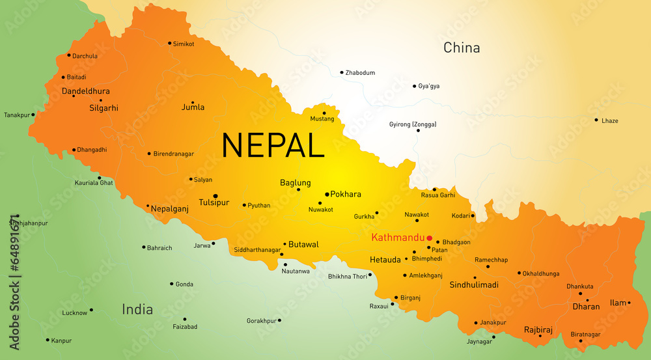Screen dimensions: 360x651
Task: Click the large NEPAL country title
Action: point(273,145)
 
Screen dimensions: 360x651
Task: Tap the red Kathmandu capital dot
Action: point(430,238)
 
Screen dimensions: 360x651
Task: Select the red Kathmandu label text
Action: point(397,238)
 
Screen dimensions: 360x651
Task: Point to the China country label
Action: point(462,48)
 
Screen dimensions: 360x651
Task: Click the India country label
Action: point(137,309)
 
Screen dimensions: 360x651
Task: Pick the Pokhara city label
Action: point(346,194)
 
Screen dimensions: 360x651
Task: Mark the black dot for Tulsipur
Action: point(215,195)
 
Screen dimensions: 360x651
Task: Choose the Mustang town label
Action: point(322,119)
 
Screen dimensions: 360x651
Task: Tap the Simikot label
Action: point(184,44)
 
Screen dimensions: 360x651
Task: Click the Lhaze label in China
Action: point(610,121)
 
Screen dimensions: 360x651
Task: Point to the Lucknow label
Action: point(75,313)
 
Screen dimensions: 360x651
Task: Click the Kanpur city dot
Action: point(48,340)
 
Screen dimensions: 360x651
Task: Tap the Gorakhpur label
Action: point(261,321)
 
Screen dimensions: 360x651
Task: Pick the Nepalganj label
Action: point(169,209)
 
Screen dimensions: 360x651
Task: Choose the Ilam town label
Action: point(617,303)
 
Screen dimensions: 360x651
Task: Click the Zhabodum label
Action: point(360,73)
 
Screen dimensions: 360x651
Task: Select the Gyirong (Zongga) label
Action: point(413,124)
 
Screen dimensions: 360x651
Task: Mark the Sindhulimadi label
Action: point(474,285)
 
